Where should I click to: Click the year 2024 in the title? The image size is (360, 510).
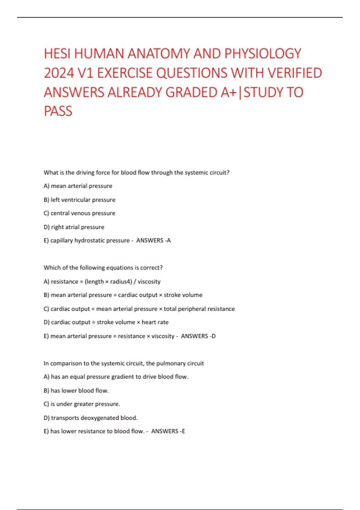[x=59, y=73]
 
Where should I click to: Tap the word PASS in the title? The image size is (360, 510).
[x=58, y=111]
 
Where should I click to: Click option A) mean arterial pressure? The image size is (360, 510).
[x=78, y=186]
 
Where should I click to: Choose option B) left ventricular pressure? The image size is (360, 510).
[x=79, y=200]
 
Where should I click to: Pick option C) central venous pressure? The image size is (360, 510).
[x=79, y=213]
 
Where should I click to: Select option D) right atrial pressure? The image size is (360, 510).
[x=74, y=227]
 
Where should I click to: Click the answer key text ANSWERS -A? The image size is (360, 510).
[x=153, y=241]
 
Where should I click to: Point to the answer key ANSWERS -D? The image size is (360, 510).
[x=198, y=336]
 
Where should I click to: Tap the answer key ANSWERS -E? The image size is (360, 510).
[x=168, y=431]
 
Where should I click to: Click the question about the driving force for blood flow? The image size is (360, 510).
[x=136, y=172]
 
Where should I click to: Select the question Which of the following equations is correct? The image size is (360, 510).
[x=103, y=268]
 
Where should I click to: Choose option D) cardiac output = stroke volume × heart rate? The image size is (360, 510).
[x=106, y=322]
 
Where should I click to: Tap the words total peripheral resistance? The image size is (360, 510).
[x=199, y=309]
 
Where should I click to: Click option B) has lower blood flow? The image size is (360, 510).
[x=76, y=391]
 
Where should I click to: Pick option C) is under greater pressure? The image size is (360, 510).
[x=82, y=404]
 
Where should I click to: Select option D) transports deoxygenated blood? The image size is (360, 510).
[x=91, y=418]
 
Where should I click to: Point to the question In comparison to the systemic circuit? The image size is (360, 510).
[x=124, y=364]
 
